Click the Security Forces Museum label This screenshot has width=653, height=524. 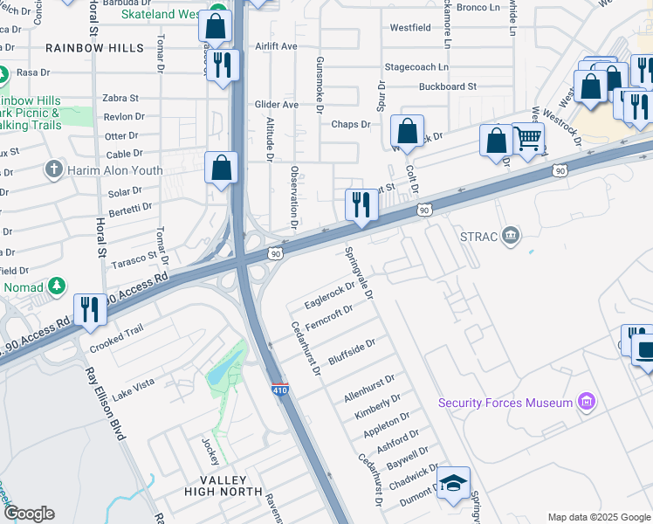(505, 403)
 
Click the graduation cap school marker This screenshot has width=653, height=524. (454, 483)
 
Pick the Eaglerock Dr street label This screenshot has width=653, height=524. (330, 295)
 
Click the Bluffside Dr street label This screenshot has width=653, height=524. (352, 351)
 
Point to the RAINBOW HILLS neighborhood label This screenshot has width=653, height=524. (94, 48)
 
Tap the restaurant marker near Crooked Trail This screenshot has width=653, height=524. (90, 310)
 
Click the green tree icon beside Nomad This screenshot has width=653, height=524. (57, 286)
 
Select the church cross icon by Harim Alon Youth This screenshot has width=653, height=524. (54, 169)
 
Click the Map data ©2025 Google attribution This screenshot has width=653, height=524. (598, 517)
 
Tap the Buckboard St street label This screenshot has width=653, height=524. (447, 86)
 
